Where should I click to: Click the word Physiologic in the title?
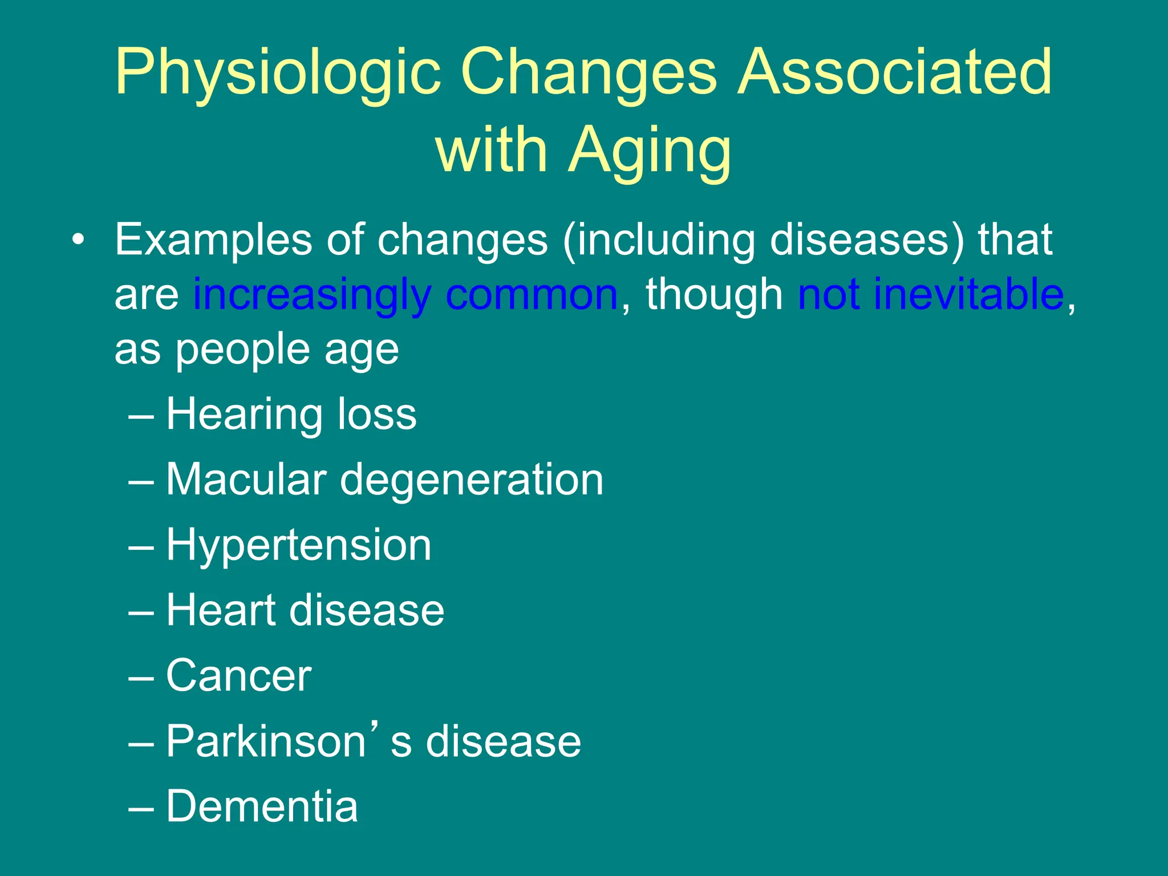pos(278,73)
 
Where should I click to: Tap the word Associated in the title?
pos(894,72)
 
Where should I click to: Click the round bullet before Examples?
pos(78,240)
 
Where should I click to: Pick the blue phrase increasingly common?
pos(405,295)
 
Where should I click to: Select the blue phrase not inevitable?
pos(931,294)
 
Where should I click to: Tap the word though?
pos(714,295)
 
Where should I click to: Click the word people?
pos(243,350)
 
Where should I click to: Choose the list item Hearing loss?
pos(291,414)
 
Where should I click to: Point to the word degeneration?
pos(472,481)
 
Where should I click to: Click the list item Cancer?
pos(238,676)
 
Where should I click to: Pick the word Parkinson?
pos(265,741)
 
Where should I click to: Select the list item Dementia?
pos(262,806)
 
